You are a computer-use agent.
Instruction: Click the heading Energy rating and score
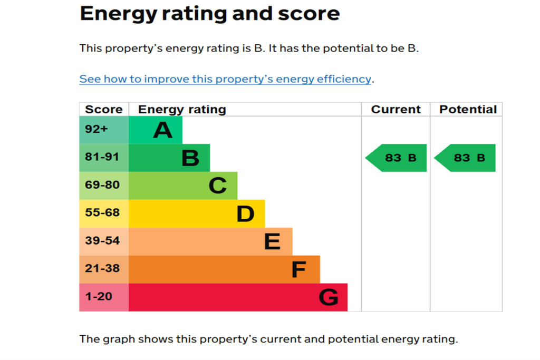pos(210,14)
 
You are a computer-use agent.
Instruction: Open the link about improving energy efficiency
pos(225,79)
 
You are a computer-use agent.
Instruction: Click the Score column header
pos(104,110)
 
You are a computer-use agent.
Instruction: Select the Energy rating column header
pos(182,110)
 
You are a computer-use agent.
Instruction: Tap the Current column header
pos(396,110)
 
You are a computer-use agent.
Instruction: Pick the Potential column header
pos(468,110)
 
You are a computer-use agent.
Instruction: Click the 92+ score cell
pos(97,129)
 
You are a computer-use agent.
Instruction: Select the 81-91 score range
pos(102,157)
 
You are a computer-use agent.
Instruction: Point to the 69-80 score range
pos(102,185)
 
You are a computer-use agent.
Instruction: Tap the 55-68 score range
pos(102,213)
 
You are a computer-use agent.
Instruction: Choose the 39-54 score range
pos(102,240)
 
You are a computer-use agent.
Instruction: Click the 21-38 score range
pos(102,268)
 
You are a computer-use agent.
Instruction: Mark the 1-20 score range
pos(99,296)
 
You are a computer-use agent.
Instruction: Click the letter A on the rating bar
pos(162,130)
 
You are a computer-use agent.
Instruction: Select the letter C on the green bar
pos(218,186)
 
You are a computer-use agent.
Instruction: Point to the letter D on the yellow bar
pos(245,213)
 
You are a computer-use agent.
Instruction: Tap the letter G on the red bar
pos(329,297)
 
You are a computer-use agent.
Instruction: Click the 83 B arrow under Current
pos(396,158)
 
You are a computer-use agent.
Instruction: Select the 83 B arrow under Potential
pos(465,158)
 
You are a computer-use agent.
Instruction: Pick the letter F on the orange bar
pos(298,269)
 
